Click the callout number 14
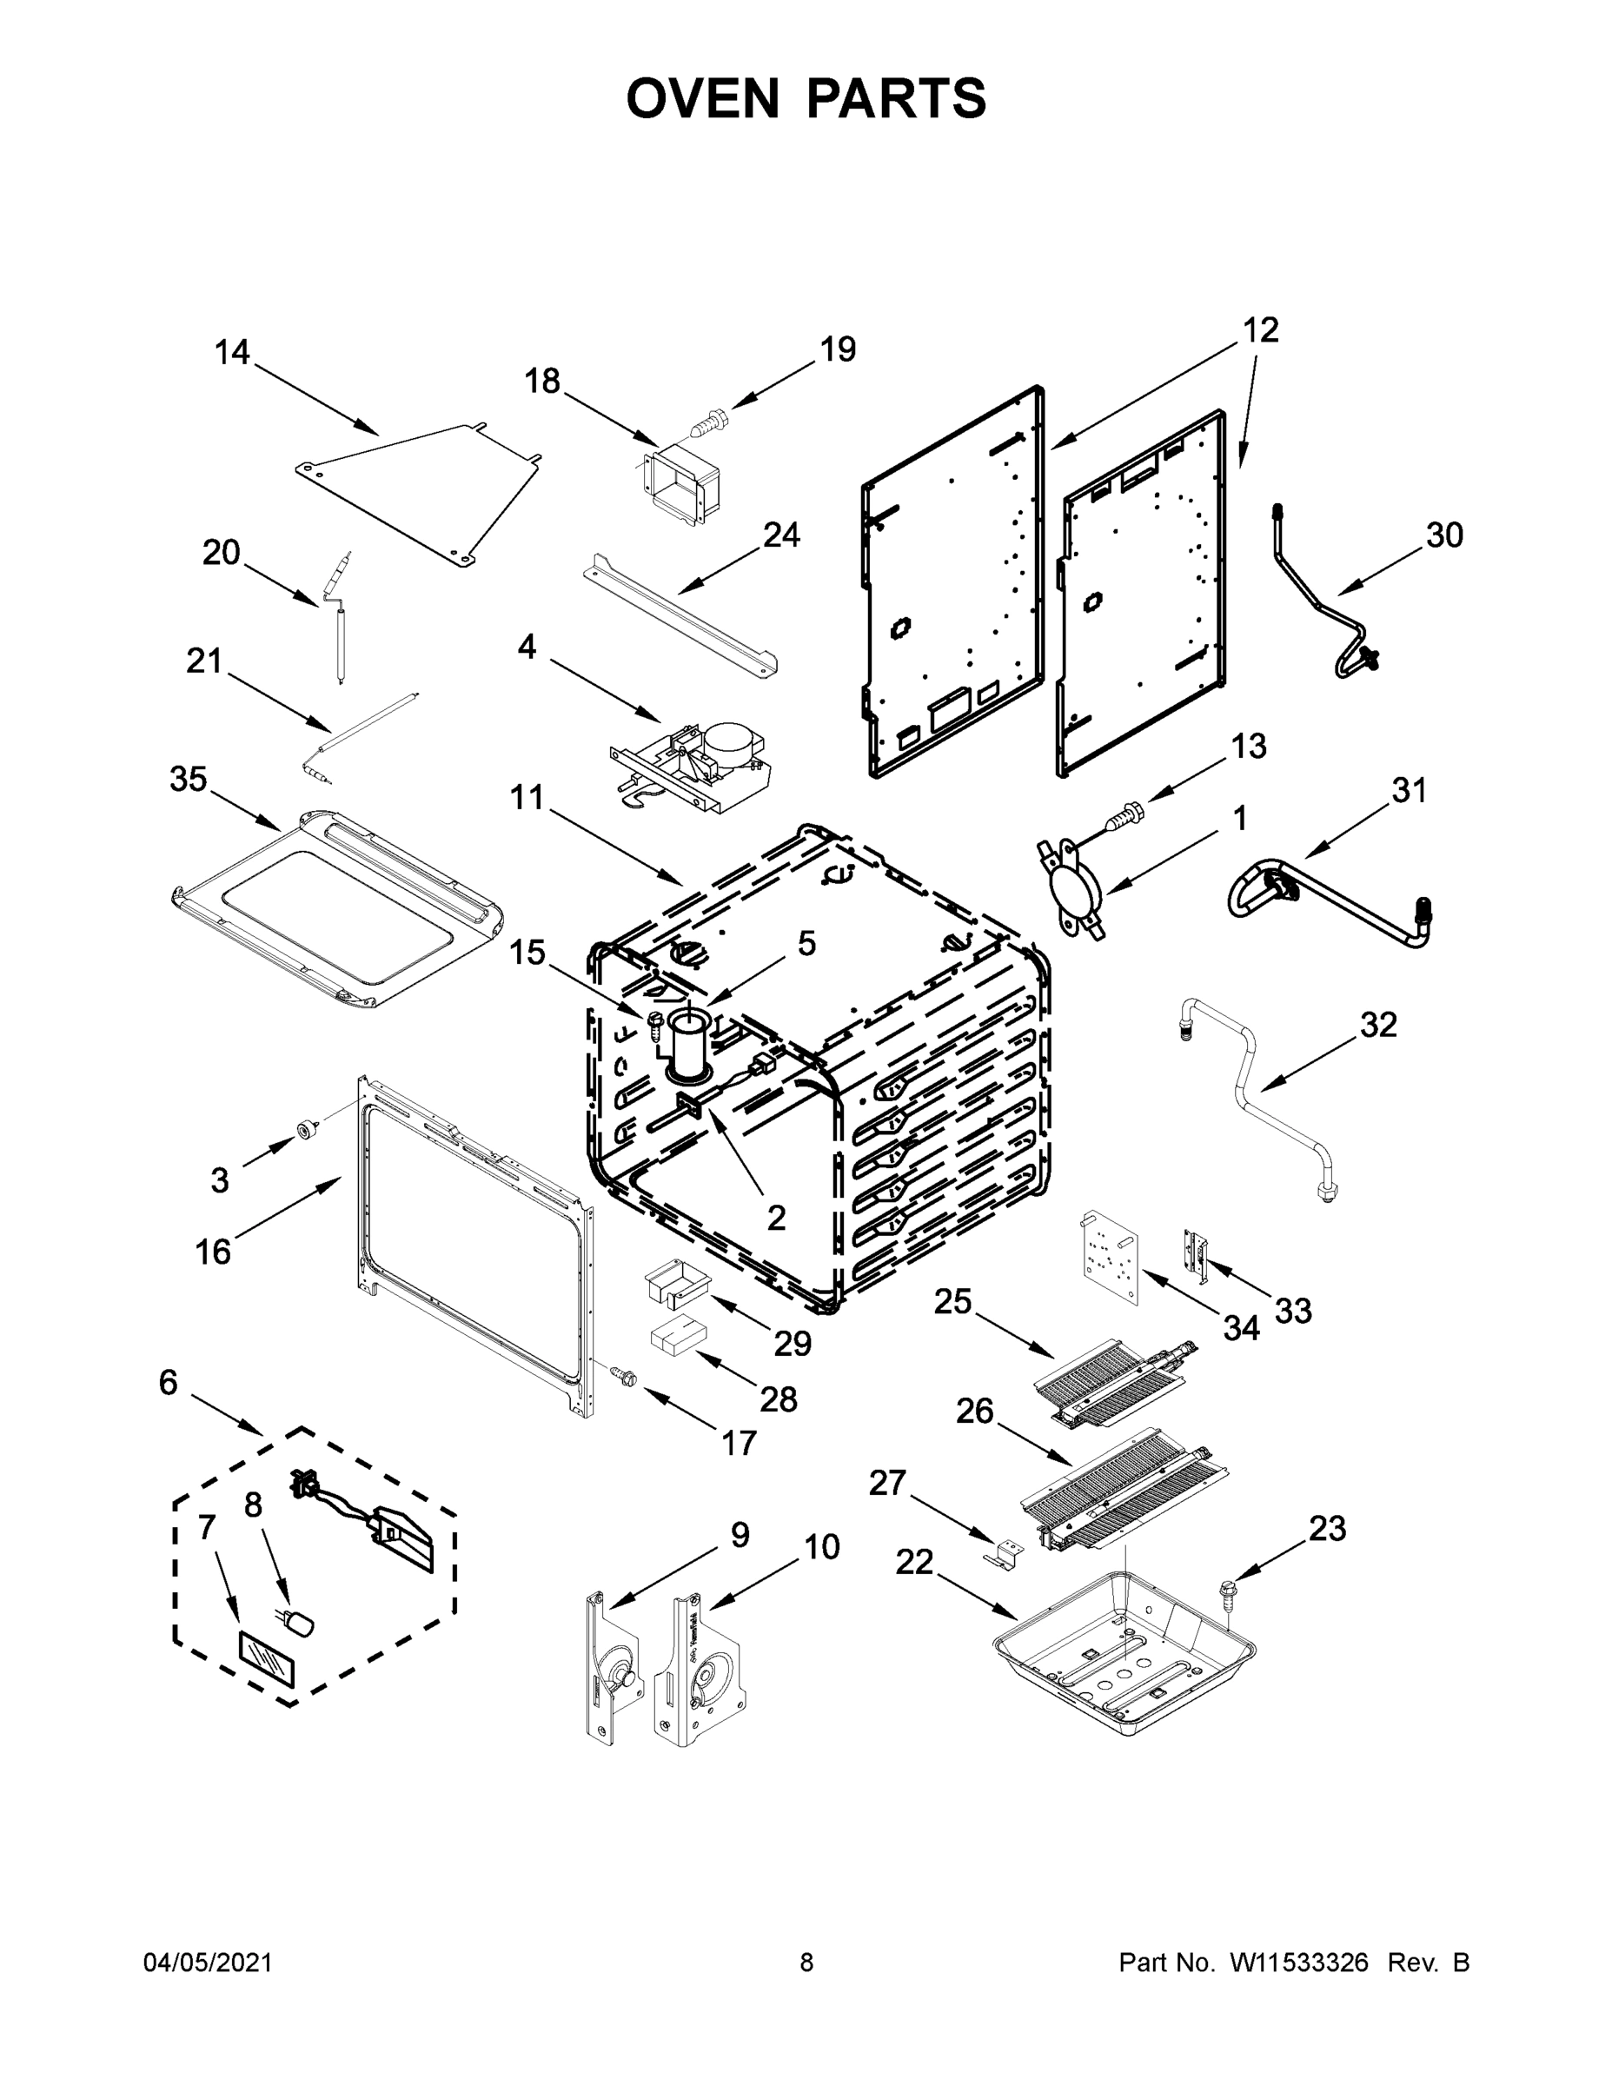232,352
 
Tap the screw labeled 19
707,423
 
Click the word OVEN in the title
703,98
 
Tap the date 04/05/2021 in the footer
207,1962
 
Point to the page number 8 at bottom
806,1962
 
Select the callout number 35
188,780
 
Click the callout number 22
914,1563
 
